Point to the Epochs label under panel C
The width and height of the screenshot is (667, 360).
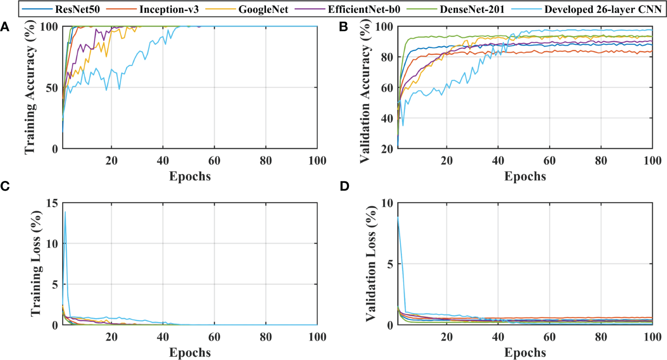pos(189,353)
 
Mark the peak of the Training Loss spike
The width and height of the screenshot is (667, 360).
pos(65,212)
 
